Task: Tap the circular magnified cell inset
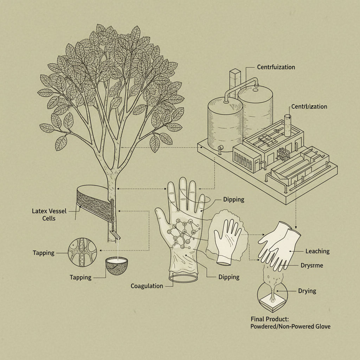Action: [82, 250]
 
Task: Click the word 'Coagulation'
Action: [147, 286]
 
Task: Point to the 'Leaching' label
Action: [317, 251]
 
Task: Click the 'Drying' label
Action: [307, 291]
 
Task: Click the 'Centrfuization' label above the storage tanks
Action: [276, 67]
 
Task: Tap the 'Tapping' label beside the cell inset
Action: [44, 253]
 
